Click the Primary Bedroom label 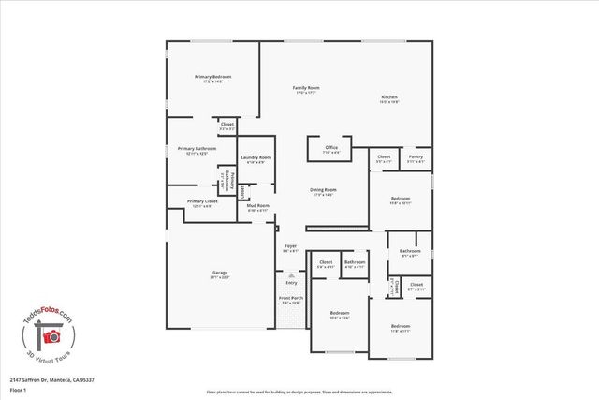tap(212, 76)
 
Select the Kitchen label tap(390, 98)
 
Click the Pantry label tap(415, 157)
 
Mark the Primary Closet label tap(201, 201)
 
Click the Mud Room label tap(257, 205)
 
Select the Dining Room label tap(323, 190)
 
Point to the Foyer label tap(290, 247)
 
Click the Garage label tap(219, 273)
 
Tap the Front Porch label tap(290, 299)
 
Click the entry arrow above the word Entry tap(291, 276)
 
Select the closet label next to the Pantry tap(383, 157)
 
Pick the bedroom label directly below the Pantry tap(400, 199)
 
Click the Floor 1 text tap(18, 389)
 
